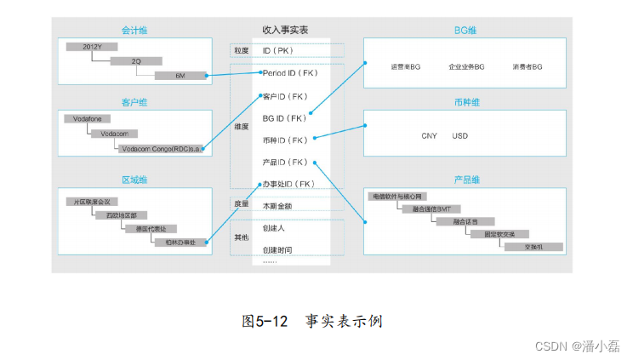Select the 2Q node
136,61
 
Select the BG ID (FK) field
284,118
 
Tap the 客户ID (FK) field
284,96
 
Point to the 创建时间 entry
277,249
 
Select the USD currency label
460,136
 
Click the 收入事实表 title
285,31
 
